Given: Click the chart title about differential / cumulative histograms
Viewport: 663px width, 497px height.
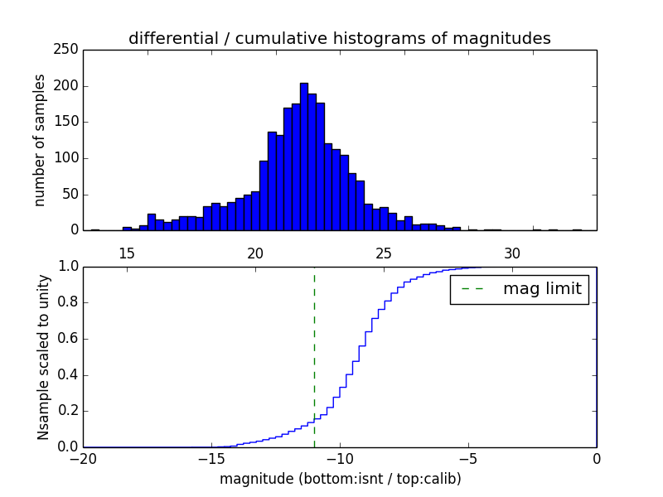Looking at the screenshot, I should (x=339, y=38).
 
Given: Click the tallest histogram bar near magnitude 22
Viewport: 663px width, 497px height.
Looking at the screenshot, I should (x=304, y=157).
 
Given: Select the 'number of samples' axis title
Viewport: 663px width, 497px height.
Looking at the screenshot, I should (x=40, y=140).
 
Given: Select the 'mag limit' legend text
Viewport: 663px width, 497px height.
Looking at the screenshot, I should (x=542, y=289).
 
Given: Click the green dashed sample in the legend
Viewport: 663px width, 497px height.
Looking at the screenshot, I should (x=472, y=289).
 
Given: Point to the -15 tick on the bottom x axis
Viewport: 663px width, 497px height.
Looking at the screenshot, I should (x=211, y=459).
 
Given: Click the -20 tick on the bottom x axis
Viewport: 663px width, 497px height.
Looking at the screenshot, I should (x=82, y=459).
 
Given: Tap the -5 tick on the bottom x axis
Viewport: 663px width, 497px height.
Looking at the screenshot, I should (x=467, y=459).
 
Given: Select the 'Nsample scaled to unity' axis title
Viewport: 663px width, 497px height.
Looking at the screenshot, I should (x=43, y=357).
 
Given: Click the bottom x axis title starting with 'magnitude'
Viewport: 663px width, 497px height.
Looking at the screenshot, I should (x=340, y=479).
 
